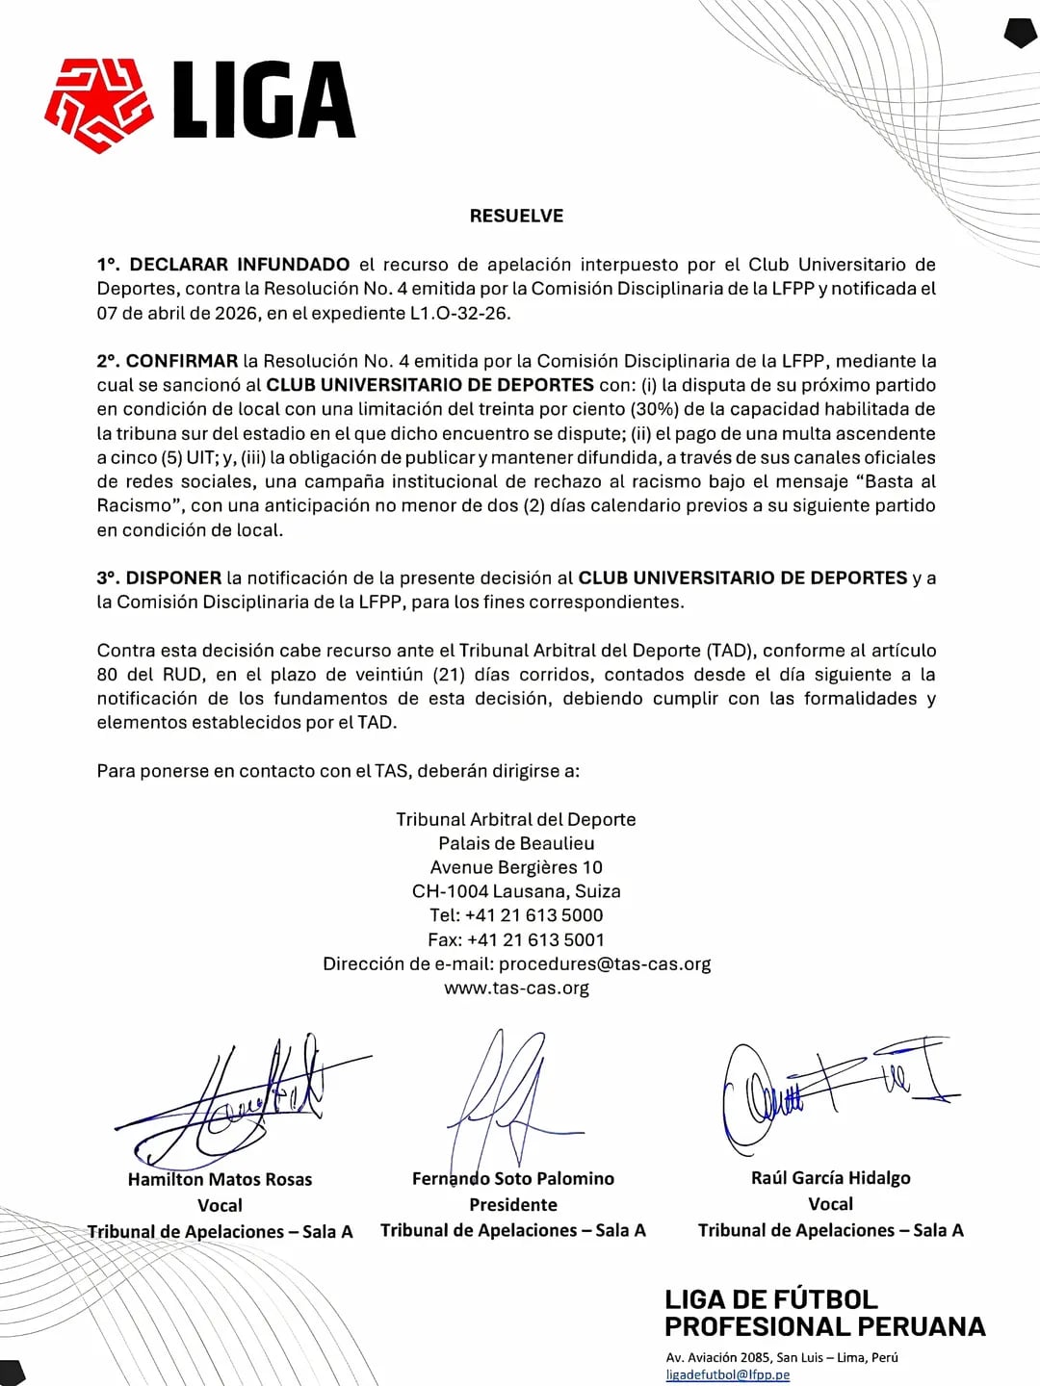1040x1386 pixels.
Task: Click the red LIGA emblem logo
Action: click(x=98, y=104)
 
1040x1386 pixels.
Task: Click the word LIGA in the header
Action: click(x=264, y=100)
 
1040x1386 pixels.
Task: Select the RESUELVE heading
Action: click(x=516, y=216)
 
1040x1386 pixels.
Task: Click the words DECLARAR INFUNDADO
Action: click(x=239, y=265)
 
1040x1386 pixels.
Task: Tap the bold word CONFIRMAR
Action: click(x=181, y=361)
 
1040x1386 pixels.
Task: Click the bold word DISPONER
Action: click(x=173, y=577)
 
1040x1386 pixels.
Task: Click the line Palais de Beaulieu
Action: click(x=516, y=843)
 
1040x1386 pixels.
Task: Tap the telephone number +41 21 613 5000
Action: click(x=534, y=915)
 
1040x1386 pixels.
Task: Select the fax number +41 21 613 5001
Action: click(x=536, y=939)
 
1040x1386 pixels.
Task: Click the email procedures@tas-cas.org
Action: click(x=605, y=963)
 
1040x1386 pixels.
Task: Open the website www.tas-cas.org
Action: click(x=516, y=988)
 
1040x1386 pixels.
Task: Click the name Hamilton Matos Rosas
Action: click(x=220, y=1179)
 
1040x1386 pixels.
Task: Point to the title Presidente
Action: click(x=513, y=1204)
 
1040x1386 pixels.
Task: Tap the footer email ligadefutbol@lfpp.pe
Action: click(x=727, y=1374)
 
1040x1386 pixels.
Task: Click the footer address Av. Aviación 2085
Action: click(x=719, y=1357)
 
